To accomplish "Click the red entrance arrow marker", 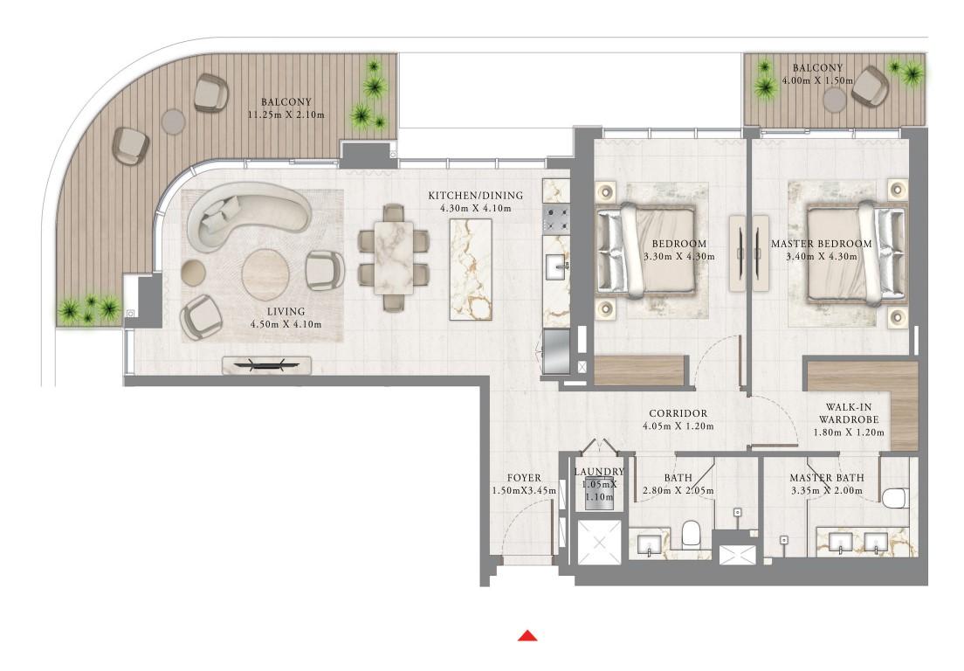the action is click(x=527, y=635).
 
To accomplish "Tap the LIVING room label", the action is click(x=286, y=312).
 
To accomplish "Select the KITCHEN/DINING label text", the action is click(x=475, y=196).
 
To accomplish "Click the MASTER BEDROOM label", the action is click(x=822, y=244).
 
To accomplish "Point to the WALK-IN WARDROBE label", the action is click(x=849, y=413).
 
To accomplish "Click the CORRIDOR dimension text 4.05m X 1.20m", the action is click(x=678, y=426).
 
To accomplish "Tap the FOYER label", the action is click(x=524, y=478).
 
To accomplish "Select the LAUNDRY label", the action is click(x=599, y=472).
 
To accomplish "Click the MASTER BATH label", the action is click(x=827, y=478).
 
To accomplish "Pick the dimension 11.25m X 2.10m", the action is click(x=286, y=115).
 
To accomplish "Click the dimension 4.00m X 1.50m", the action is click(x=817, y=80).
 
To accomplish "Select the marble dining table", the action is click(x=394, y=257).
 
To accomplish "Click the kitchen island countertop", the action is click(x=471, y=269).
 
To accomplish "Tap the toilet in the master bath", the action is click(x=895, y=497).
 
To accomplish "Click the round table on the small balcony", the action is click(x=835, y=100).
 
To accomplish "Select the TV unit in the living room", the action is click(x=266, y=365).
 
